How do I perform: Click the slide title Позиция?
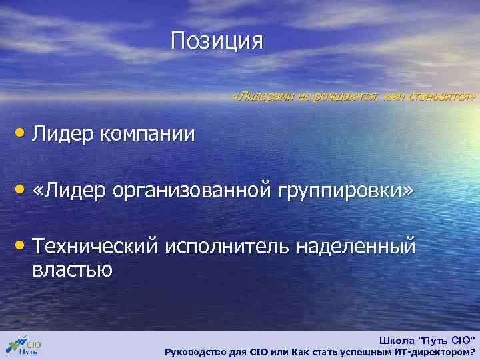217,41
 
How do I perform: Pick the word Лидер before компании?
65,134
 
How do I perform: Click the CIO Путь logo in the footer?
24,345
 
